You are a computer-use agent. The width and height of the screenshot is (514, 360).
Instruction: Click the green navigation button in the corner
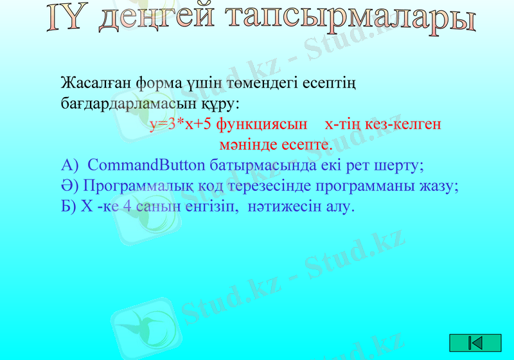[475, 343]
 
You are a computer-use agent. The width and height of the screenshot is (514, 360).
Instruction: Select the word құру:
[222, 104]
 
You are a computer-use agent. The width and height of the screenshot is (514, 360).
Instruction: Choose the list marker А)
[69, 165]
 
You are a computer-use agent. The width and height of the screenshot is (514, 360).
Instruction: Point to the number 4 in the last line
[128, 207]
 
